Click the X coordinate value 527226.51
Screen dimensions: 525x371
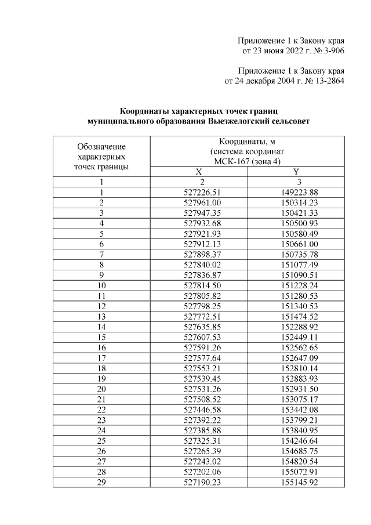199,193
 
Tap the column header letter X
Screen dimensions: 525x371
199,172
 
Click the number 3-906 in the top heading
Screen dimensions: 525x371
332,51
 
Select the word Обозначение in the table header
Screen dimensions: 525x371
101,146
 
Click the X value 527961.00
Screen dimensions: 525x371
199,203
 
